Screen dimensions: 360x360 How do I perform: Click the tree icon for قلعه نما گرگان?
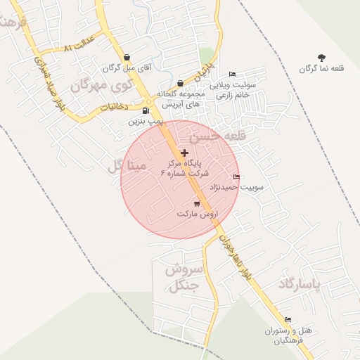322,57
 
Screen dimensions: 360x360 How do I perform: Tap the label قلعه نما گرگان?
321,68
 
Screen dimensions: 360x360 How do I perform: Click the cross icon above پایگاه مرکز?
184,153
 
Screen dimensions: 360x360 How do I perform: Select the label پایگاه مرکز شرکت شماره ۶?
181,167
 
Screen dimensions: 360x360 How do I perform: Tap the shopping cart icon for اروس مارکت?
196,204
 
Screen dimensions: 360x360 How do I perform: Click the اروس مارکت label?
198,213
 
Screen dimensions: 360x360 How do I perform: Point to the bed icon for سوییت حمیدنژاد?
236,177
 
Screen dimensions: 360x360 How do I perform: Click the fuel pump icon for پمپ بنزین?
146,110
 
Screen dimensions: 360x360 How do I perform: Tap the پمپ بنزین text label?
146,121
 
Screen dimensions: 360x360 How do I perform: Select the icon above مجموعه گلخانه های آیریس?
181,84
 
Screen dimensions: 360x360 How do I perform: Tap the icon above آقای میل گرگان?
127,58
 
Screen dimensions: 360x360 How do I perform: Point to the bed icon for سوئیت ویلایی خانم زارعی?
233,74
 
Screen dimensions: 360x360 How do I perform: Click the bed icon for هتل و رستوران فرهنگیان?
288,320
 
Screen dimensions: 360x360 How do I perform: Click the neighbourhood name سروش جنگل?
183,278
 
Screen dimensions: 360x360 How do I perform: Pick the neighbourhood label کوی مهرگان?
102,86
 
